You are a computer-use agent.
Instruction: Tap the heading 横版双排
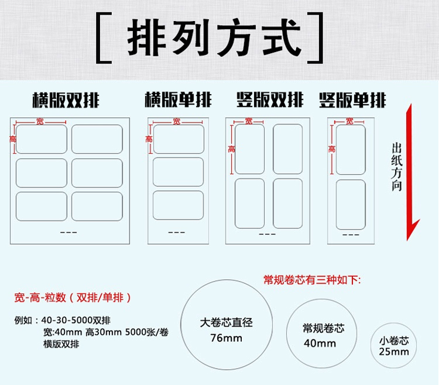66,100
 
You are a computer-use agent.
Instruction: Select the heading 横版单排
178,100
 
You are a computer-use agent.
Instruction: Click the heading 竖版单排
352,100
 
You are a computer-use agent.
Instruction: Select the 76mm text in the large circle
226,338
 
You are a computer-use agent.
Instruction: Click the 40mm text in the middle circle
320,343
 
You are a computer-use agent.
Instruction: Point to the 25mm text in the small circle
393,351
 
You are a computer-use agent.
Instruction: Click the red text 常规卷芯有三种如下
313,280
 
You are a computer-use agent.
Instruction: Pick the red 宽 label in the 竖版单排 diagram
349,122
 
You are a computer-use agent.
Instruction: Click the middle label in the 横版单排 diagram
178,172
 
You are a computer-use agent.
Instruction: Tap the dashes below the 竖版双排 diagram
267,234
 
